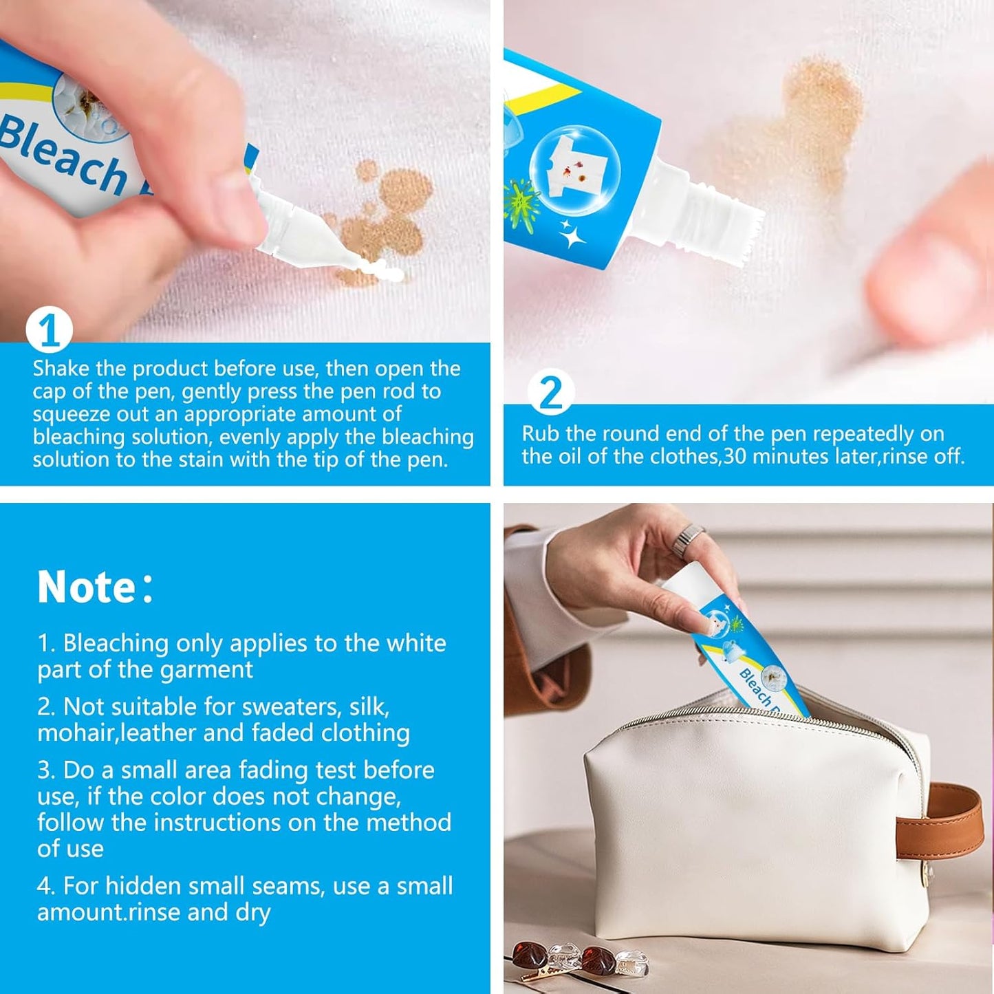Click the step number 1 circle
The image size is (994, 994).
point(49,330)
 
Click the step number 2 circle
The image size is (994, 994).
point(550,393)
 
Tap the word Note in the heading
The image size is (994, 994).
point(86,587)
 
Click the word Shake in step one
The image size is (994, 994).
point(61,369)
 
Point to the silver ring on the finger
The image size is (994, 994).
point(688,541)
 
